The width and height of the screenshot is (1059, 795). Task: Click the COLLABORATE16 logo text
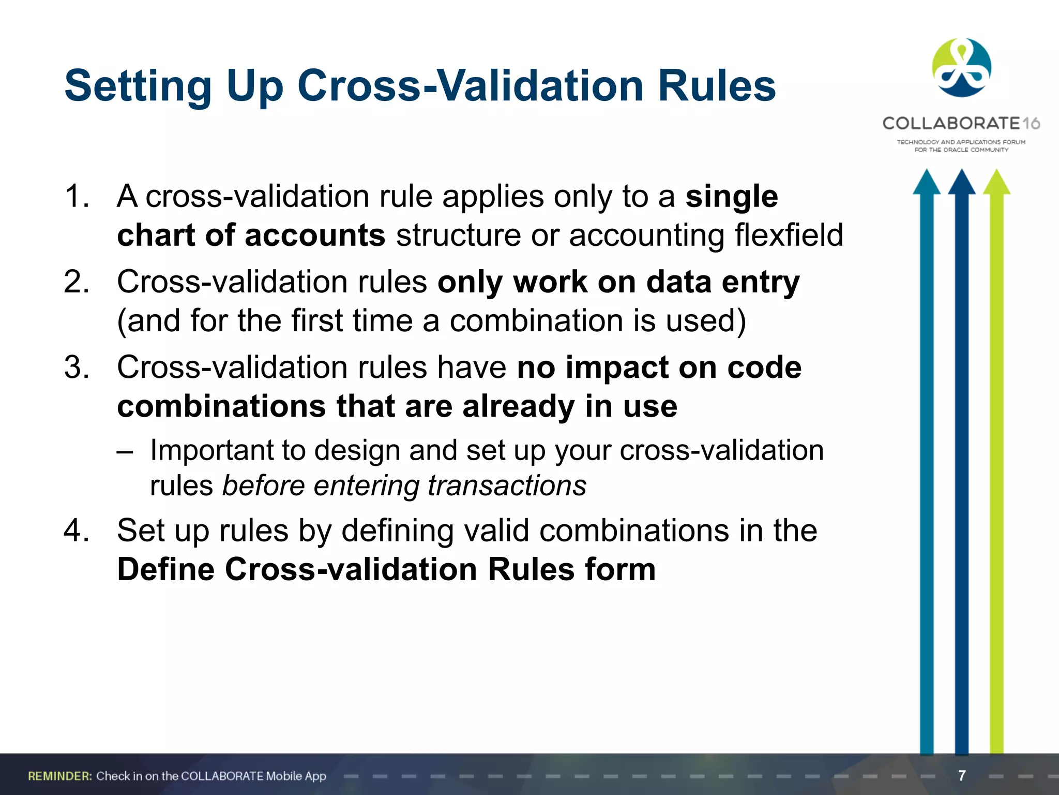961,123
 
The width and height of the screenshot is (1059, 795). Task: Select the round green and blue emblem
961,67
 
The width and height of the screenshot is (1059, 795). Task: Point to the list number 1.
76,197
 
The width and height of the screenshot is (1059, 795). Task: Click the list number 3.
76,367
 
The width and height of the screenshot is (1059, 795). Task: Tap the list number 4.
76,531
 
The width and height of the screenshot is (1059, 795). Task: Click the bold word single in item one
731,197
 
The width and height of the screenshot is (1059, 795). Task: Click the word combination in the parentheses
536,321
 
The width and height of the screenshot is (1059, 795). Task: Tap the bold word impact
616,367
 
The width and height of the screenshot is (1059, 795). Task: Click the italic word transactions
507,485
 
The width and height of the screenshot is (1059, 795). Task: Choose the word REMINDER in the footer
59,776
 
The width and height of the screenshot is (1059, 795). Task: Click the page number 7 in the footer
962,775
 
